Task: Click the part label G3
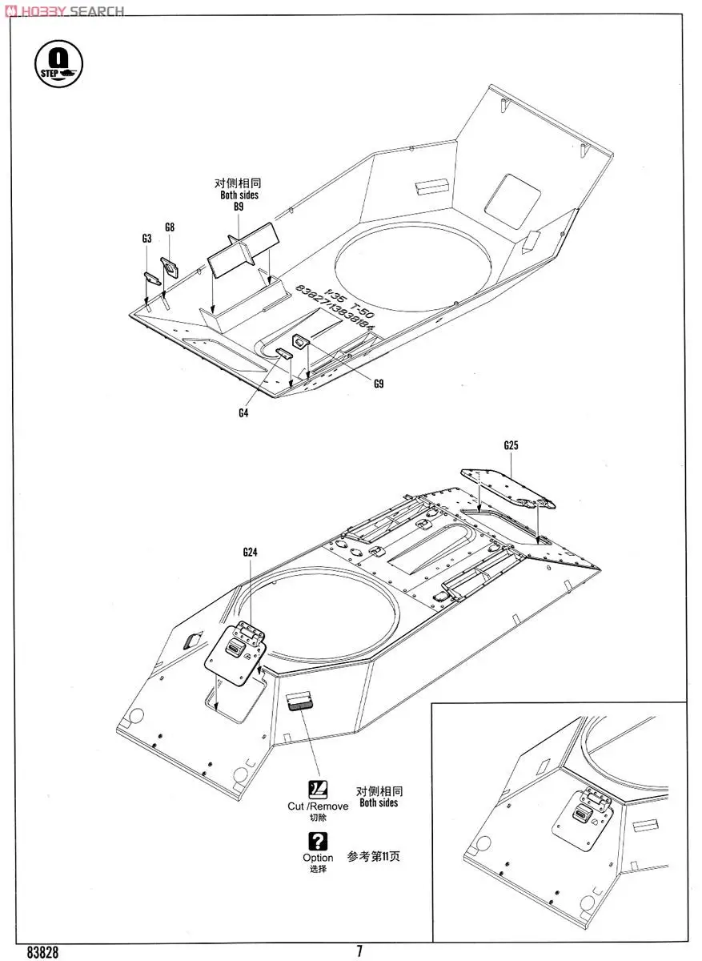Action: coord(146,239)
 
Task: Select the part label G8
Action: coord(170,227)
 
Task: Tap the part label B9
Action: coord(239,207)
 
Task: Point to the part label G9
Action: coord(379,384)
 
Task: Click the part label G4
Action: coord(243,413)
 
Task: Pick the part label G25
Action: coord(511,445)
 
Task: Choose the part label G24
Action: coord(250,552)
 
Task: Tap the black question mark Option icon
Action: coord(318,841)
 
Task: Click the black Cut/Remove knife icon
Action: coord(318,788)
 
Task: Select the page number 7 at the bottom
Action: coord(359,951)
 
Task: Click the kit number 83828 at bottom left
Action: coord(42,951)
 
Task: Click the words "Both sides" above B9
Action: coord(239,195)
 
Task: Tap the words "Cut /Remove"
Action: coord(318,806)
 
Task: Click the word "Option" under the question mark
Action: coord(318,858)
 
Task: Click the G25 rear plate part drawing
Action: coord(510,488)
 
